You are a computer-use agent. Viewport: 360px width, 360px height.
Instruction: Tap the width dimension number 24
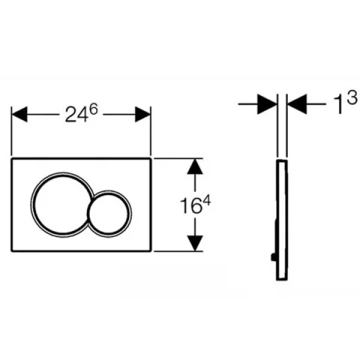tap(72, 114)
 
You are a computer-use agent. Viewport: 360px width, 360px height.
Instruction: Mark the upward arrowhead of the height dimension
tap(195, 167)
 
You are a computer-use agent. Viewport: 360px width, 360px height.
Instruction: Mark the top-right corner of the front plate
tap(151, 160)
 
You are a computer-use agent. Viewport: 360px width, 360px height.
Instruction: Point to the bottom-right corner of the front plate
tap(151, 250)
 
